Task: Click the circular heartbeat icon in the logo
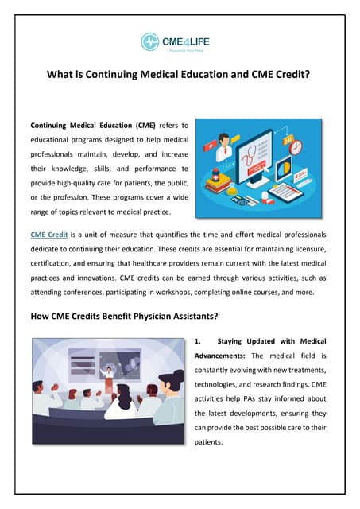tap(150, 41)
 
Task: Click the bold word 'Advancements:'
tap(222, 356)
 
